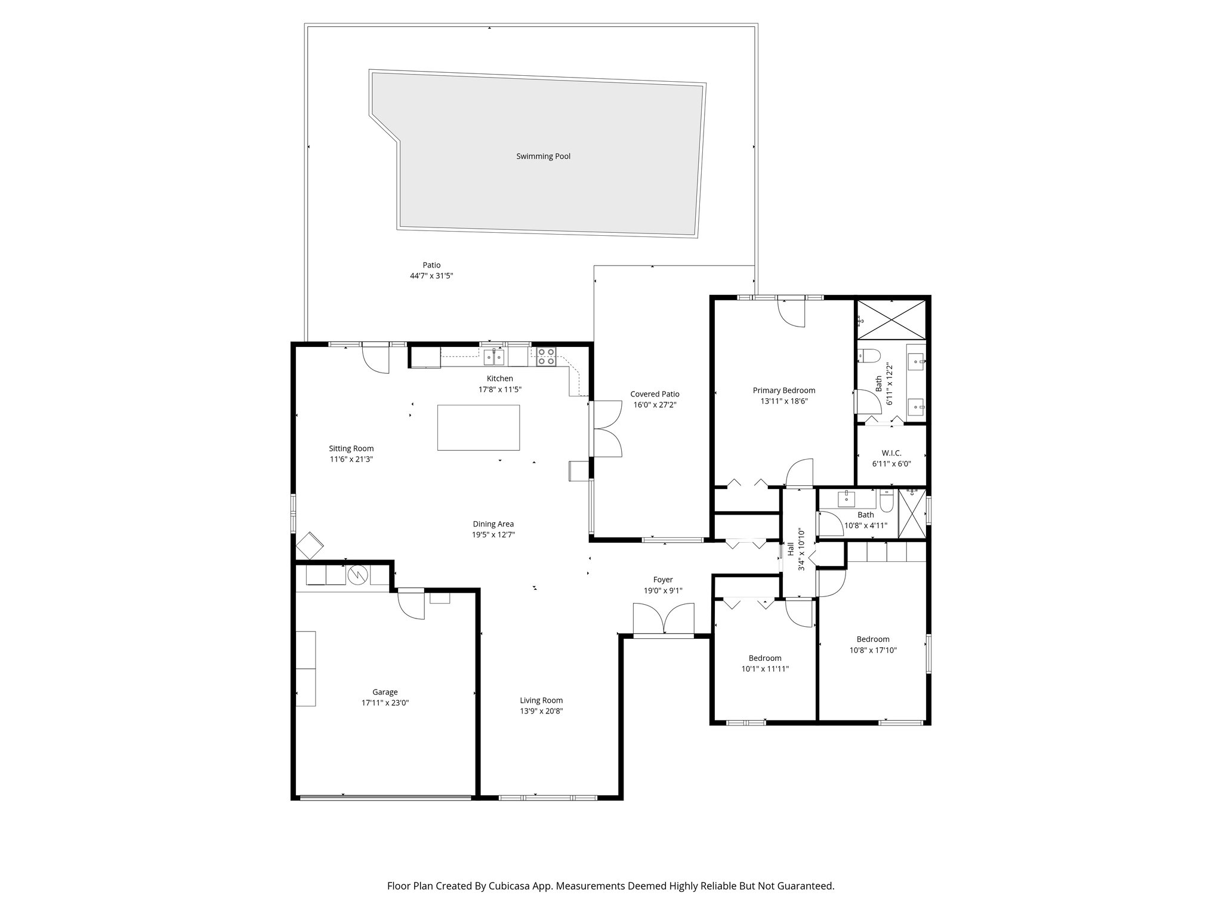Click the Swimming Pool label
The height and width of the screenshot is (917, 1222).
point(543,156)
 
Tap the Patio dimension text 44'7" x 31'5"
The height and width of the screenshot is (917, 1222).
point(431,276)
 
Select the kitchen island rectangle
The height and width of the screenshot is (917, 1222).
point(478,427)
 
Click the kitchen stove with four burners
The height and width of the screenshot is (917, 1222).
point(545,356)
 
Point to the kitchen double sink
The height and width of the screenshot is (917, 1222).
point(494,357)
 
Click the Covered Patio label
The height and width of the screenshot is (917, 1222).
point(655,394)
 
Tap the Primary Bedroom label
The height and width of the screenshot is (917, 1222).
point(783,390)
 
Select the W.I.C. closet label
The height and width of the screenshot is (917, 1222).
point(891,453)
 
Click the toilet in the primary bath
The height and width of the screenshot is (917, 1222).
point(869,356)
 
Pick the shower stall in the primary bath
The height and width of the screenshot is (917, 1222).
point(891,320)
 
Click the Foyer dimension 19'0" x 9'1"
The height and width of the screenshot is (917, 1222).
point(662,590)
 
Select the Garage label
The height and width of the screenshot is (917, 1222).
point(385,692)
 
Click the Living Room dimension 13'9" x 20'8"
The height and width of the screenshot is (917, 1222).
point(541,711)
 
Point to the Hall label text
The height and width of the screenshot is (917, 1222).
point(791,549)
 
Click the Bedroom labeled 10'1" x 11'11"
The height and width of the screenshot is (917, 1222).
point(765,658)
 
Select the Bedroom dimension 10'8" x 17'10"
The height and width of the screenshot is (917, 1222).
point(873,650)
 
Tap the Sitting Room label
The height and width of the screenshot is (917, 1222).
point(351,448)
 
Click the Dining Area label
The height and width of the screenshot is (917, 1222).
point(493,524)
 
